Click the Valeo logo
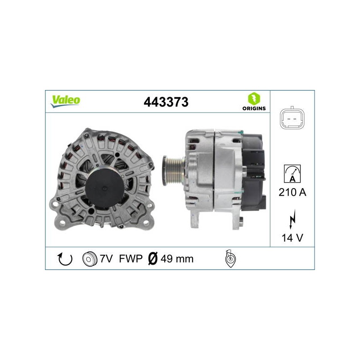pos(65,101)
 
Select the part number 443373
pos(166,102)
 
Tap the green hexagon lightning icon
pos(254,99)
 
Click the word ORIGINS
pos(254,108)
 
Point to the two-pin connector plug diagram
pos(292,118)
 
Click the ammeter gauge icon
pos(292,174)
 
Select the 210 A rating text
pos(292,192)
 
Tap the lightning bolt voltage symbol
pos(292,219)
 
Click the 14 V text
pos(292,238)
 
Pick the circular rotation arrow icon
pos(65,259)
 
